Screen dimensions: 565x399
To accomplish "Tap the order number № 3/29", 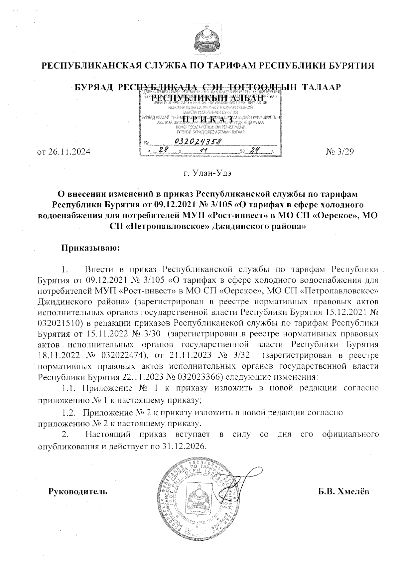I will tap(339, 152).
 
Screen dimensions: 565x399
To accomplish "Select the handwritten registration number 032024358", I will tap(198, 142).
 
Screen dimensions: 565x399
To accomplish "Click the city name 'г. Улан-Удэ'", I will tap(199, 174).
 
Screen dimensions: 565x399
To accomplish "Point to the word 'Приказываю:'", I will tap(89, 248).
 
